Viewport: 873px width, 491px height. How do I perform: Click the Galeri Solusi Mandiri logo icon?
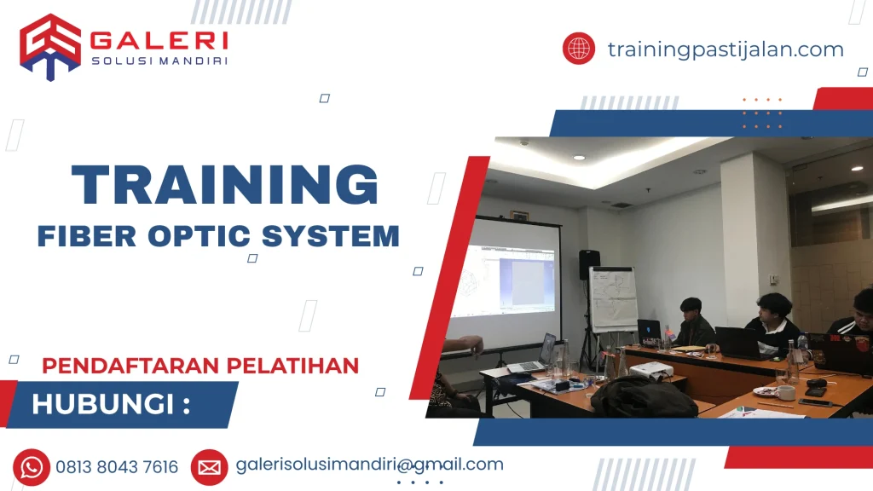50,46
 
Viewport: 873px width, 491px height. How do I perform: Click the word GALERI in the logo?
159,40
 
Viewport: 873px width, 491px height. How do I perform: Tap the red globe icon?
578,49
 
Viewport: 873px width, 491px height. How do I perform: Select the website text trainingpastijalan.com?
726,49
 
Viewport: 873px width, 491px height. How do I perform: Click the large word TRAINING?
225,184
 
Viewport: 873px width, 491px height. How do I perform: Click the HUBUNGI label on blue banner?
110,404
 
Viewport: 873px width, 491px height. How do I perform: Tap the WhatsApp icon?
32,466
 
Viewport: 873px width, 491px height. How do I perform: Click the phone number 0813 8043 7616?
117,467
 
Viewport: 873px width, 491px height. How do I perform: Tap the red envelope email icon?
209,466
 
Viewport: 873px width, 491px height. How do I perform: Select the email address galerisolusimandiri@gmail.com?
369,465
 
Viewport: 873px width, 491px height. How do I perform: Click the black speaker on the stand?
589,265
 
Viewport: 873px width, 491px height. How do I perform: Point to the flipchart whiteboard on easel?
613,298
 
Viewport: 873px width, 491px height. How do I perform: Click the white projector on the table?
650,370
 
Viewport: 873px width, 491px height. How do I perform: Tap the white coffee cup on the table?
784,392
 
